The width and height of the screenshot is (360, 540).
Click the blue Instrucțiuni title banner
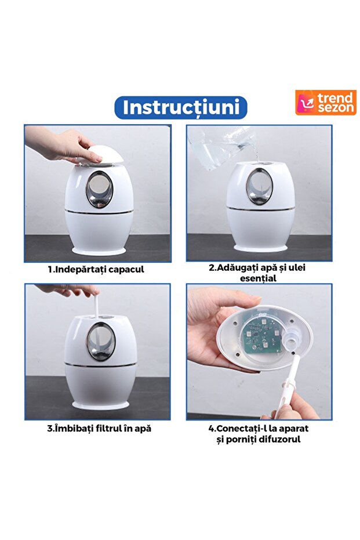tap(180, 108)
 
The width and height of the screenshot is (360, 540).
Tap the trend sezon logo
tap(325, 103)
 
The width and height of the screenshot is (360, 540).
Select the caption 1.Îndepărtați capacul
tap(96, 269)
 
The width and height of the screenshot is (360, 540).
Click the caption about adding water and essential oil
tap(259, 273)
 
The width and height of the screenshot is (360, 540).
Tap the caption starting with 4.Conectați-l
tap(259, 434)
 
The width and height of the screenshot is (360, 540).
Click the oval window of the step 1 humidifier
tap(99, 190)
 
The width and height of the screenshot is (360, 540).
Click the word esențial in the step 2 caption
tap(259, 278)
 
